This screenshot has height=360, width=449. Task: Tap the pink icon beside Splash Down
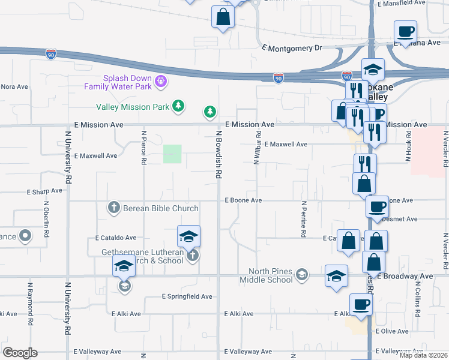click(x=161, y=81)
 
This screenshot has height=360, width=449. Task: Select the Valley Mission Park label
click(x=132, y=107)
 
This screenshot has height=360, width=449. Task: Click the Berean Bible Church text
click(x=160, y=208)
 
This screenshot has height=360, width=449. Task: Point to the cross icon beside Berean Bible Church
click(x=113, y=208)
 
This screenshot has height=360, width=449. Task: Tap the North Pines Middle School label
click(x=266, y=276)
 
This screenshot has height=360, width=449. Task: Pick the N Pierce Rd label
click(x=143, y=148)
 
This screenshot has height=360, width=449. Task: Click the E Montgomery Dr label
click(x=292, y=48)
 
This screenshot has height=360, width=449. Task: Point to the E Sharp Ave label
click(x=44, y=191)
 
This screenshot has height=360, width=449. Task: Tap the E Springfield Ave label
click(x=187, y=296)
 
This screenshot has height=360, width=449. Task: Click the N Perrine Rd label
click(x=304, y=218)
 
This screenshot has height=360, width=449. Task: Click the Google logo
click(x=20, y=353)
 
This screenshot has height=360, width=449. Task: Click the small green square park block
click(x=172, y=154)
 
